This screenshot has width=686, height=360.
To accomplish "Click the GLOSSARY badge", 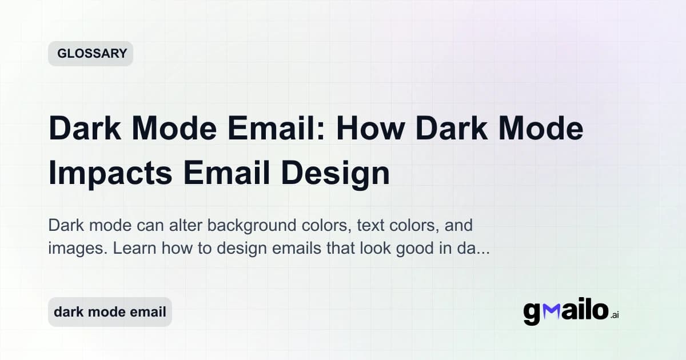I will point(90,54).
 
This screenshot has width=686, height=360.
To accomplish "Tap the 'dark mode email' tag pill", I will point(110,312).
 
